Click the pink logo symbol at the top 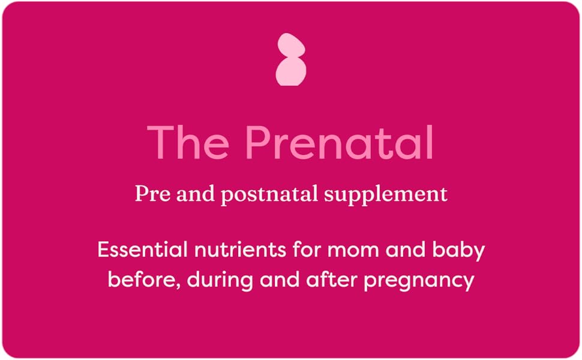[x=291, y=59]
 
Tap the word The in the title [x=188, y=143]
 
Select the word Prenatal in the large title [x=340, y=143]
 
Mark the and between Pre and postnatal [x=191, y=194]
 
